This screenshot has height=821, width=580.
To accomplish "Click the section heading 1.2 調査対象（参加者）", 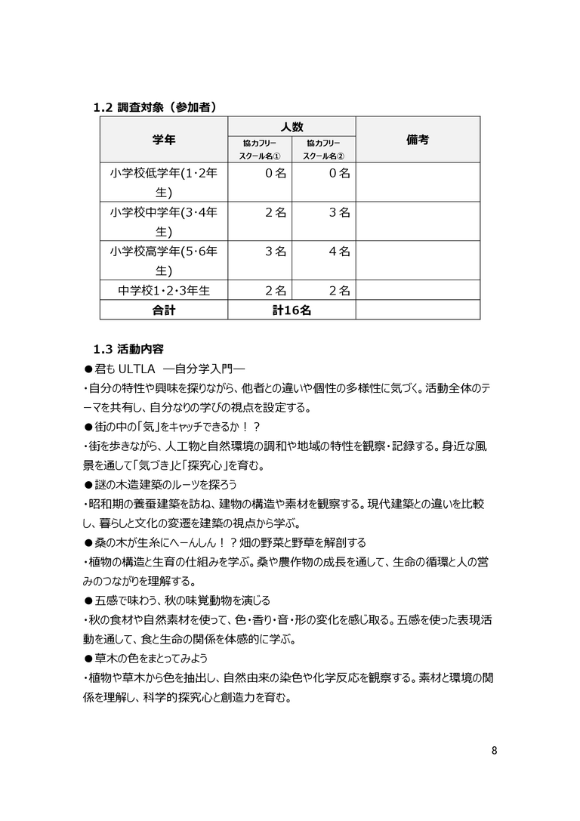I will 155,107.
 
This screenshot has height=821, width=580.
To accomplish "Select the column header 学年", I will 164,140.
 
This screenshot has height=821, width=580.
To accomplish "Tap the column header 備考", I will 418,140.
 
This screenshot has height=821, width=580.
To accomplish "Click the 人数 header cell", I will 292,127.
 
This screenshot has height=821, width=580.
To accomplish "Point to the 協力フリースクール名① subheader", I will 260,150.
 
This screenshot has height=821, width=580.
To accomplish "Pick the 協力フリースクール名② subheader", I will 323,150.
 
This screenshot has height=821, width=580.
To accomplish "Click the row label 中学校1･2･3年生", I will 164,290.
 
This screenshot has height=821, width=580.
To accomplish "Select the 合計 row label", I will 164,310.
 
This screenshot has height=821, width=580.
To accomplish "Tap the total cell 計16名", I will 292,310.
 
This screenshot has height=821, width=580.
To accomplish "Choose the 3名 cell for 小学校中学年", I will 339,213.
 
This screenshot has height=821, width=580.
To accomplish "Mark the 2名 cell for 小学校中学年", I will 276,213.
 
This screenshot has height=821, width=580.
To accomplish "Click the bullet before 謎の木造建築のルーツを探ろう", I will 88,484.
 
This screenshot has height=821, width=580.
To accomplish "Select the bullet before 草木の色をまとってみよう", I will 88,659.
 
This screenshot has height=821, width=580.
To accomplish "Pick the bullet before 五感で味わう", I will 88,600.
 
